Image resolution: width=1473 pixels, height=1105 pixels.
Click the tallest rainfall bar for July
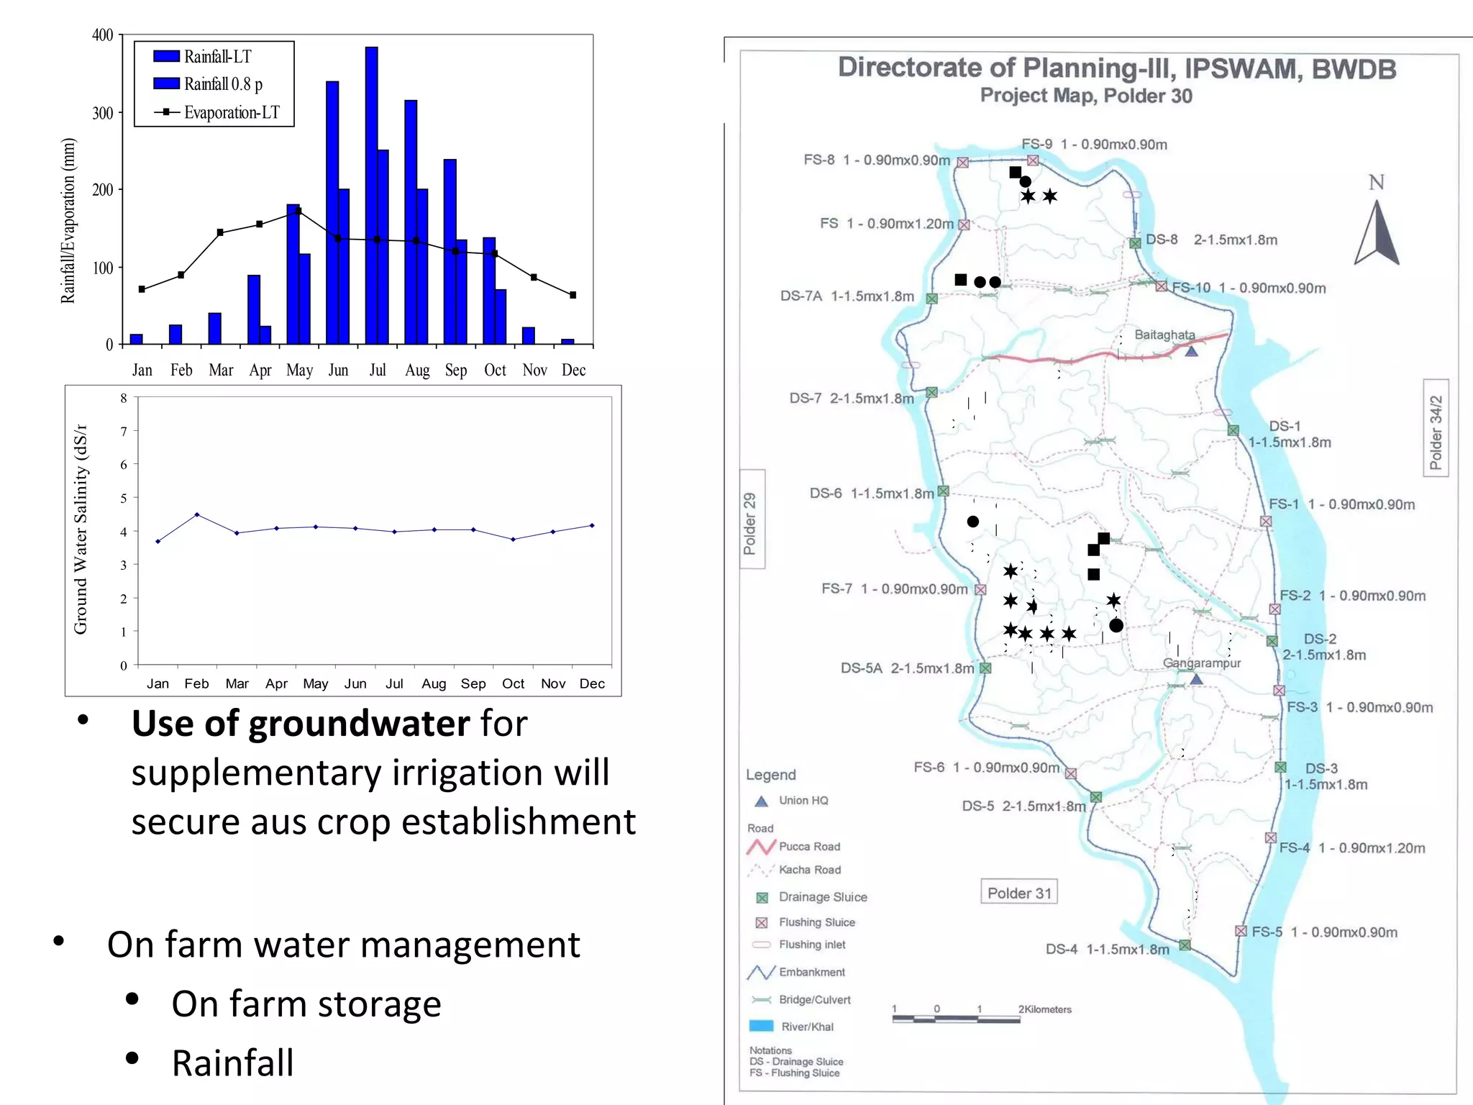point(371,194)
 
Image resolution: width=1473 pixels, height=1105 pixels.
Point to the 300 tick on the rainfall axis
point(103,113)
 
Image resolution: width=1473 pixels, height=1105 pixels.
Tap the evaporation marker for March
point(220,232)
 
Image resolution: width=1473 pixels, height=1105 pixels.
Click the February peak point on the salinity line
point(197,514)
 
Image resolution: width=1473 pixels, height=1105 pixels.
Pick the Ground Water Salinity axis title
point(81,529)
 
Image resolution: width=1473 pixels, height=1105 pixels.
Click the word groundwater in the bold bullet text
point(359,724)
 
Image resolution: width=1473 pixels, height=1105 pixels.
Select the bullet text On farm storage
point(306,1004)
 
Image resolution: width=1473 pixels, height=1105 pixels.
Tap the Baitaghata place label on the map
point(1164,335)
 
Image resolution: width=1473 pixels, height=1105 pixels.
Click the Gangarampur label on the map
point(1202,663)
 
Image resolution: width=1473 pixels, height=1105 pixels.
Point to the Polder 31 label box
point(1019,893)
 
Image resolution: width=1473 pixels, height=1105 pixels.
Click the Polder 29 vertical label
point(750,523)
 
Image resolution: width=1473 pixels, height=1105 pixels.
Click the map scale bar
point(957,1018)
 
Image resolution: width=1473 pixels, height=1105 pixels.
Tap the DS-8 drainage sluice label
point(1162,240)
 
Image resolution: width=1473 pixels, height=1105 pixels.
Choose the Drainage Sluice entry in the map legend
point(822,897)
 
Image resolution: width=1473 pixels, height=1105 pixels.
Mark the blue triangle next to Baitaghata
point(1192,351)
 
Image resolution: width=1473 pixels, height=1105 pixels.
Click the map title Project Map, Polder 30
point(1086,96)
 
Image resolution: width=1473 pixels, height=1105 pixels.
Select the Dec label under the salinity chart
point(592,683)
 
